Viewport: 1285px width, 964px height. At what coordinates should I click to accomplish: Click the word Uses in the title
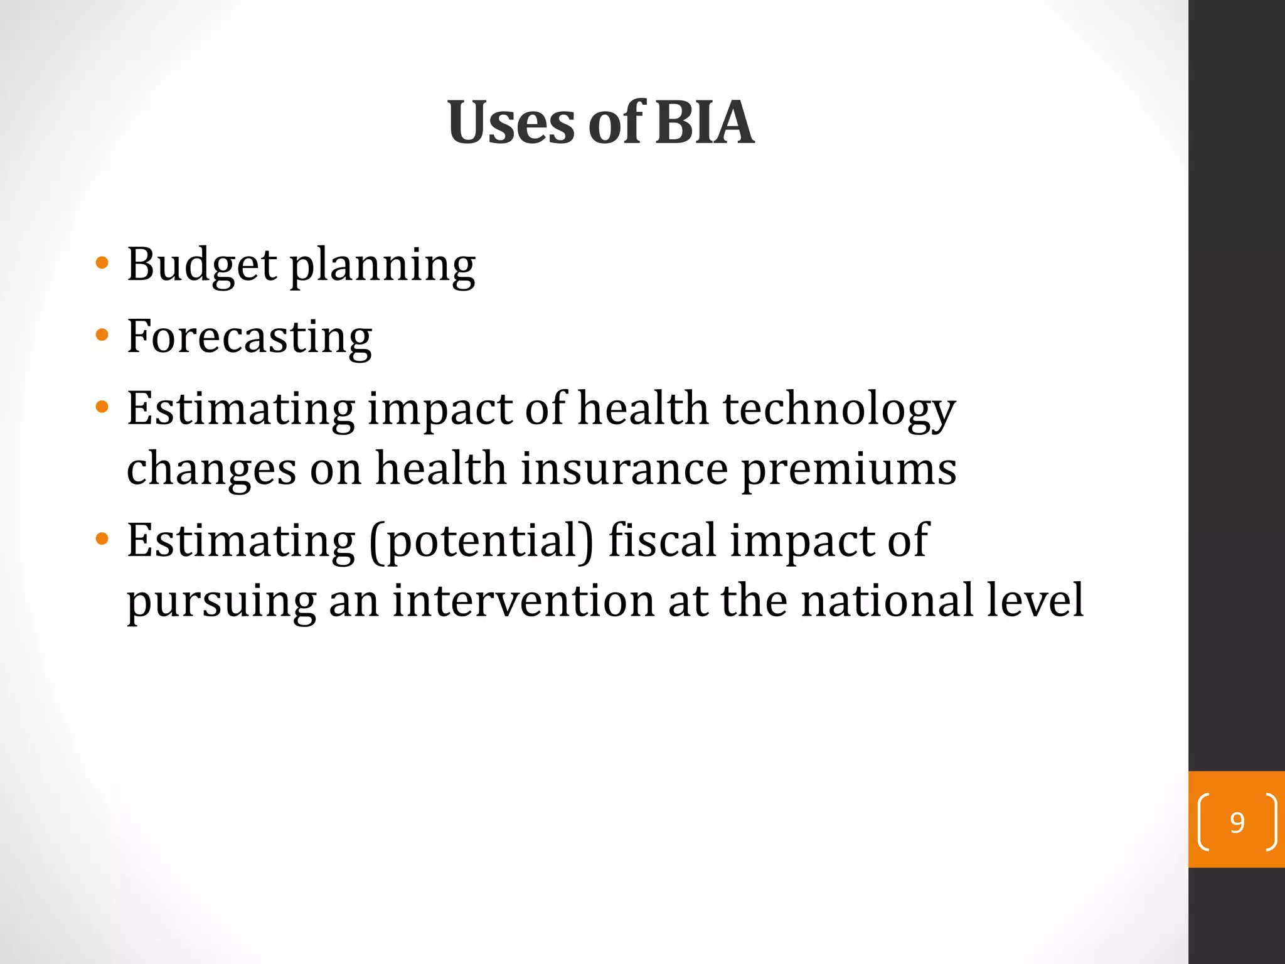(x=511, y=123)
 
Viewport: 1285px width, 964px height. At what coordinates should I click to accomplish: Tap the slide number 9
(x=1237, y=822)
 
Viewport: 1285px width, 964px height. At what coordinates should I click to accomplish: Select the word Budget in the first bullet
(x=201, y=265)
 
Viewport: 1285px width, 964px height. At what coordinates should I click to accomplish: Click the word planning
(x=382, y=266)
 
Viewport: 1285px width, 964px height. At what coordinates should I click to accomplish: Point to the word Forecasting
(x=249, y=338)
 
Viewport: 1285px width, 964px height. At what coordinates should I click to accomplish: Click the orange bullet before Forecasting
(x=102, y=335)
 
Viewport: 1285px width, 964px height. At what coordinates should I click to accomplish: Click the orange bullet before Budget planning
(x=102, y=262)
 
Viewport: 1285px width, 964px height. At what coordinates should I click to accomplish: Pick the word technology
(x=840, y=410)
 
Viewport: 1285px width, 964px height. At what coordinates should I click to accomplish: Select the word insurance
(x=624, y=469)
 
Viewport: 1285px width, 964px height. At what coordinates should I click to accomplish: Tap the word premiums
(x=849, y=471)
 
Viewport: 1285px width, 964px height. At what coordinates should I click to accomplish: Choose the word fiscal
(x=662, y=540)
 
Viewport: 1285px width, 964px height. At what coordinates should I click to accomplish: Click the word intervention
(x=523, y=601)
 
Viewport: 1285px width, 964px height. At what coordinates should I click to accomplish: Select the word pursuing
(x=221, y=603)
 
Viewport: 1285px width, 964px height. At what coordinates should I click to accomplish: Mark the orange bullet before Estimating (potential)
(x=102, y=538)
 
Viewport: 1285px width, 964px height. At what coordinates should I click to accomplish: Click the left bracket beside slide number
(x=1203, y=822)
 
